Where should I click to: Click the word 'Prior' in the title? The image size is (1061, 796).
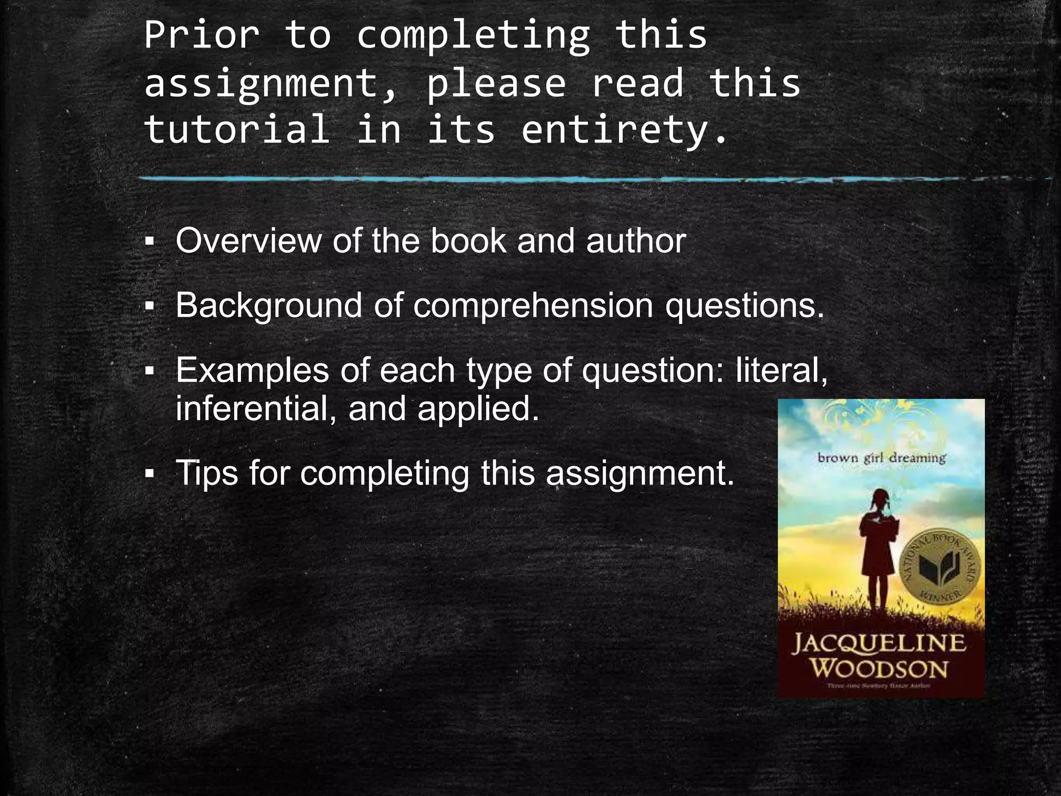click(202, 35)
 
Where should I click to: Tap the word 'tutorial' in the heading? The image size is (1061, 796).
click(237, 130)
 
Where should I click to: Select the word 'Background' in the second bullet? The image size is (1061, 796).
click(268, 306)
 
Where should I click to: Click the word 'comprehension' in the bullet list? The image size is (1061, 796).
click(533, 306)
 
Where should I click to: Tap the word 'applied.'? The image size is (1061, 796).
click(478, 409)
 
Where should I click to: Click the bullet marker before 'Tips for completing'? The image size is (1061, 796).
click(150, 474)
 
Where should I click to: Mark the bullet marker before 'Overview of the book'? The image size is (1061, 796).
click(150, 241)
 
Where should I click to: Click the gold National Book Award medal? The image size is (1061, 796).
click(941, 566)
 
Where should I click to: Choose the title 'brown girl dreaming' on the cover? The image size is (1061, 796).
click(881, 458)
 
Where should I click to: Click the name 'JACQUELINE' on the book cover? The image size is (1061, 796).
click(879, 644)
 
